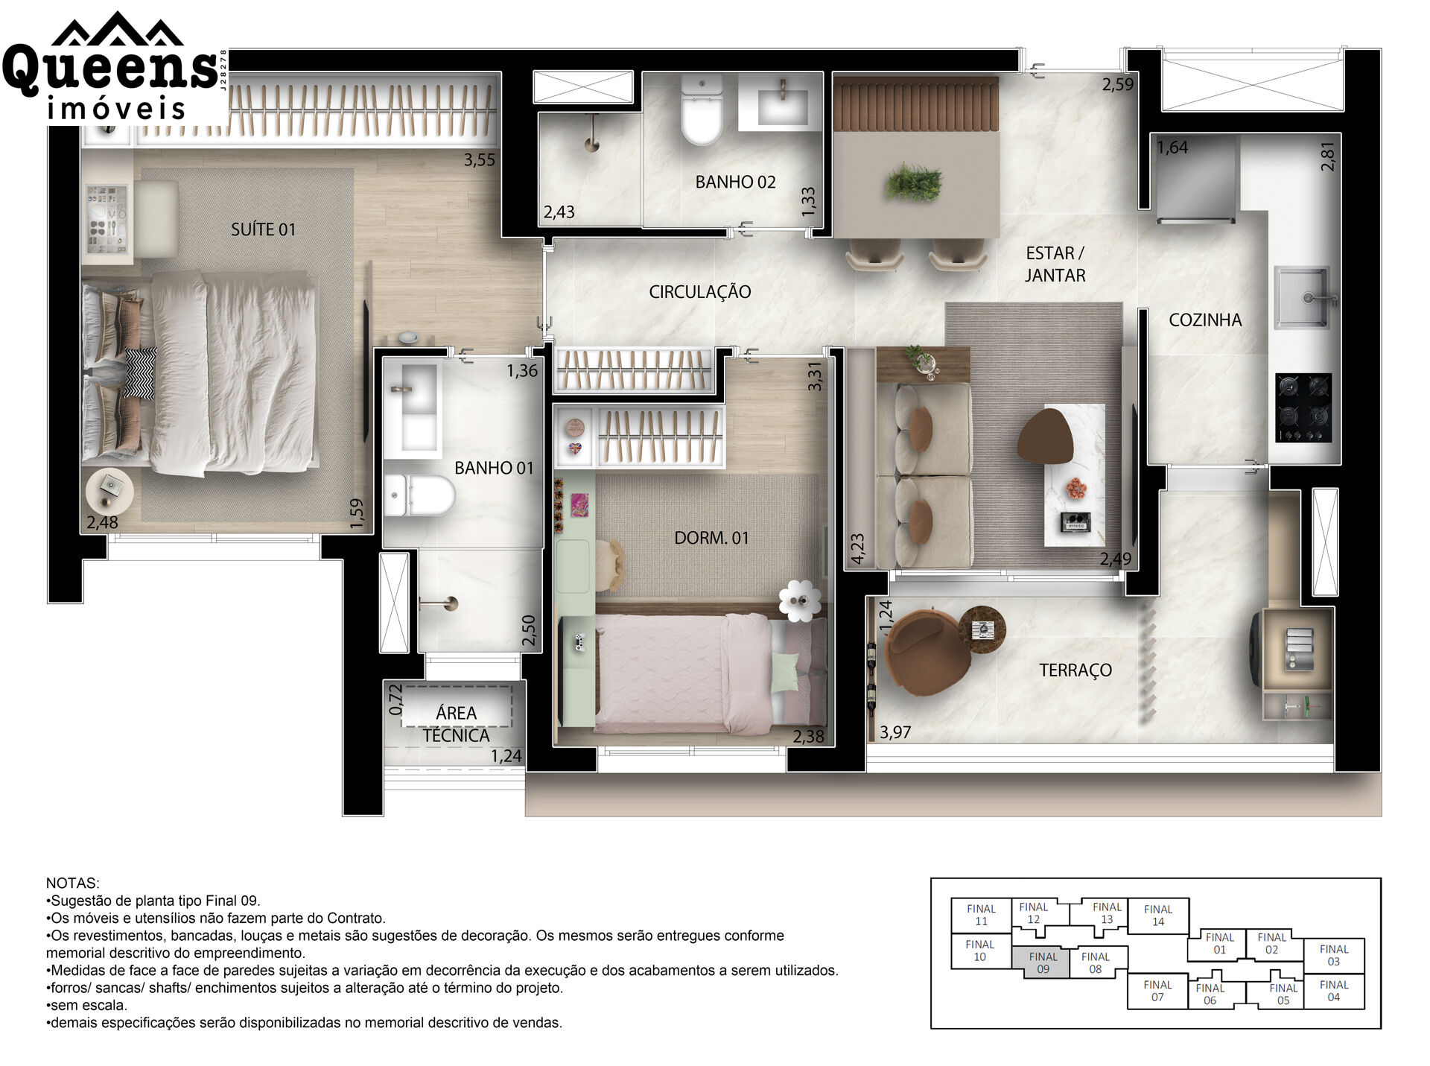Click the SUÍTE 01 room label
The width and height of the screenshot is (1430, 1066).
(263, 229)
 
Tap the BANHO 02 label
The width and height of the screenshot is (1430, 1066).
(735, 182)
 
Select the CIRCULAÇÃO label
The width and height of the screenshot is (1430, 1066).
(699, 291)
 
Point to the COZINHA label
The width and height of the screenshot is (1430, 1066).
(1205, 320)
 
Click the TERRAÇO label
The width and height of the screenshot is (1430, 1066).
(1075, 670)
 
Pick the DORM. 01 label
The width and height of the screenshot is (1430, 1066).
(711, 538)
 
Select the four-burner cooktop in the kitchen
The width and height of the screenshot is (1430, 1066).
(1303, 407)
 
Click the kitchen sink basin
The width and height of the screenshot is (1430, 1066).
(1302, 297)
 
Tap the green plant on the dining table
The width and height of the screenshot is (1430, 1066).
(914, 182)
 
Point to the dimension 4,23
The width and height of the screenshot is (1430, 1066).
(857, 548)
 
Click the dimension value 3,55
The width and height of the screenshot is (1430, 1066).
(479, 159)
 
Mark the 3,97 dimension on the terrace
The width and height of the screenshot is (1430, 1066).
(895, 732)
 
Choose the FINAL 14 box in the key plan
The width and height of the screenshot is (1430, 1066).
(1158, 916)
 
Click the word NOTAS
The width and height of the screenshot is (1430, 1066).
(72, 883)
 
